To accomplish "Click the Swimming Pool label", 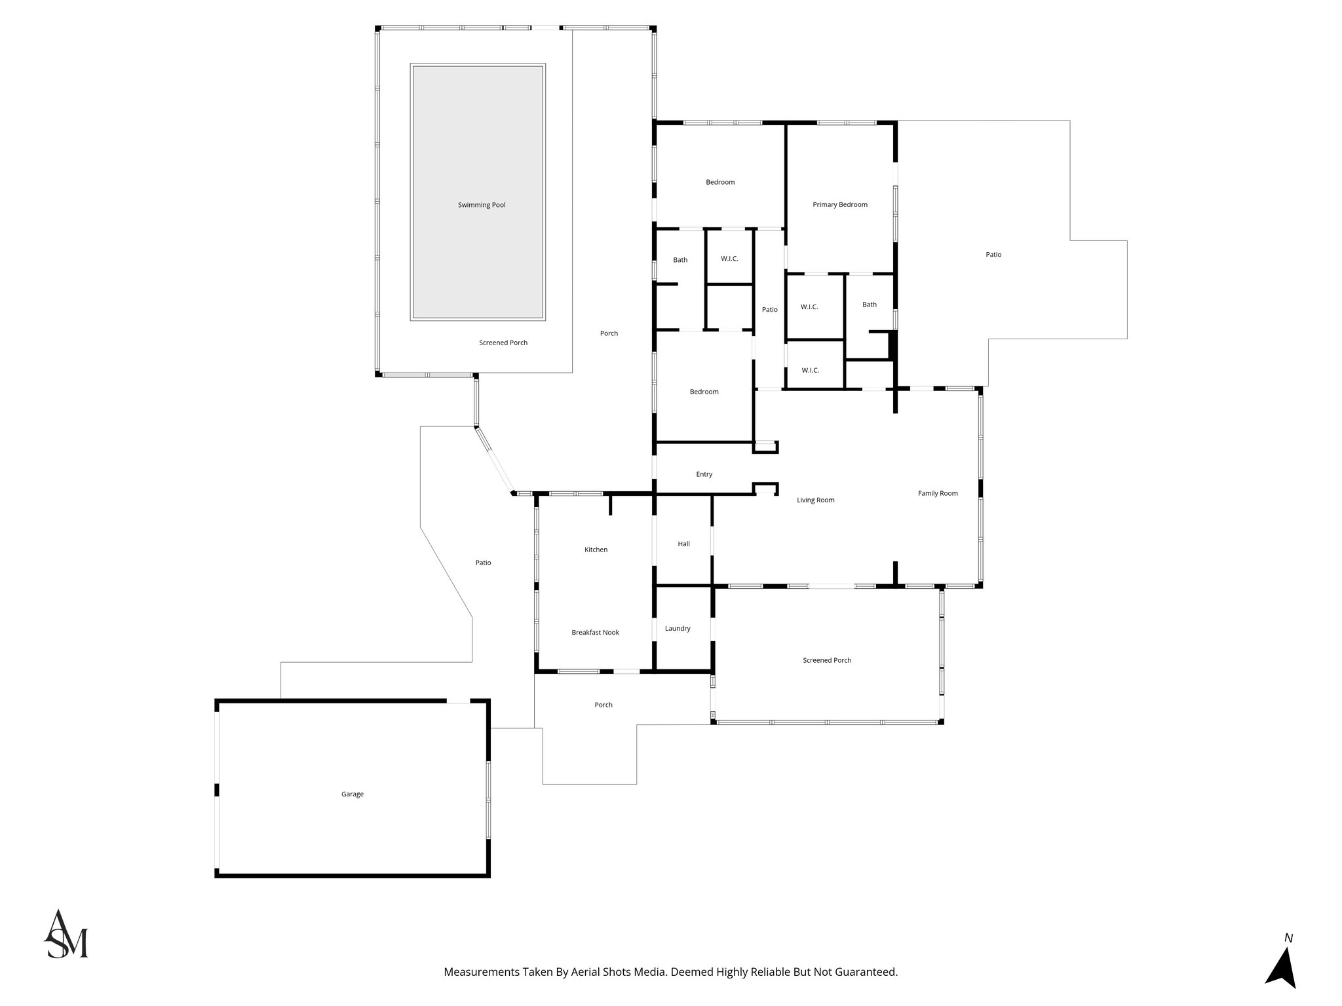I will click(x=482, y=205).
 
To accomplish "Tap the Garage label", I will click(x=352, y=794).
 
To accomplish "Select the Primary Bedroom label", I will click(x=839, y=204).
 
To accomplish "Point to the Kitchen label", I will click(x=596, y=550).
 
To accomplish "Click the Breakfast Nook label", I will click(x=595, y=632).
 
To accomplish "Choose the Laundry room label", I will click(x=678, y=628).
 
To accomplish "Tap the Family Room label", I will click(x=938, y=493).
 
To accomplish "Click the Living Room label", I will click(x=815, y=500).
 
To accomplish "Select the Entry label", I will click(x=704, y=474).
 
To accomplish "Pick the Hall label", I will click(x=683, y=544).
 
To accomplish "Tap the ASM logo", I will click(x=66, y=935).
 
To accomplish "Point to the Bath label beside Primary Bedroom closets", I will click(x=869, y=305).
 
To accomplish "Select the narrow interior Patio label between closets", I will click(x=769, y=309).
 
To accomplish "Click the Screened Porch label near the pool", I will click(x=503, y=343).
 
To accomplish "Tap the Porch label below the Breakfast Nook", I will click(x=603, y=705).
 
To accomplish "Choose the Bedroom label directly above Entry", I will click(x=704, y=392).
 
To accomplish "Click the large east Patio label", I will click(x=993, y=254).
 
